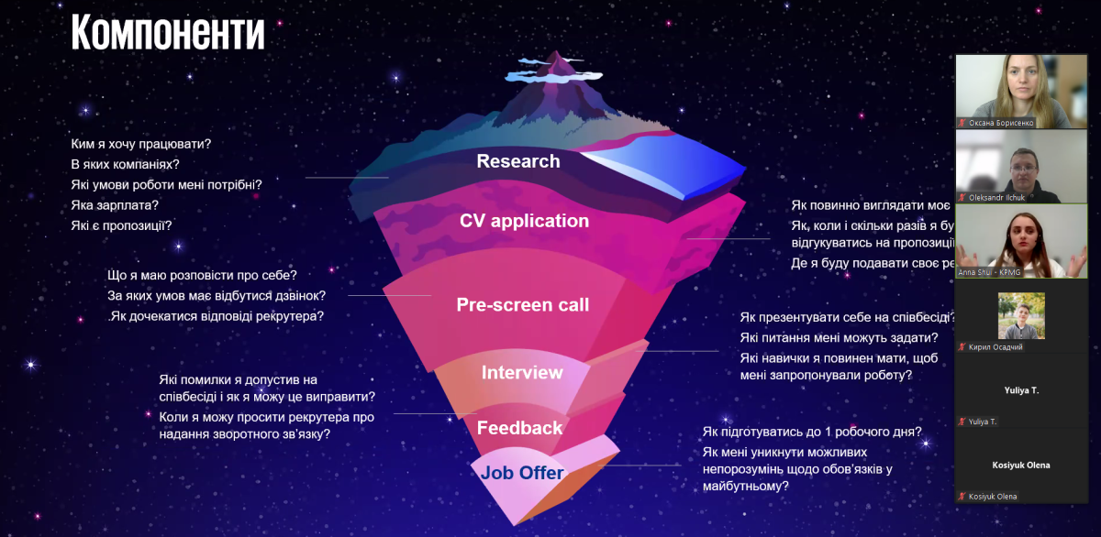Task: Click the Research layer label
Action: tap(517, 161)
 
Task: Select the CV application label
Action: tap(524, 221)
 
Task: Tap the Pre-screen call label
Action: tap(523, 305)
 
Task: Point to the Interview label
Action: tap(522, 373)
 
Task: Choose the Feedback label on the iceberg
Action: tap(519, 428)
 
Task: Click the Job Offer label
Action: tap(522, 473)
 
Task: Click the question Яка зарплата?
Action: tap(116, 205)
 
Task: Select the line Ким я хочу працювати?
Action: tap(141, 144)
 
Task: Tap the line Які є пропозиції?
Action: tap(121, 225)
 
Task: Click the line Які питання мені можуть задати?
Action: tap(839, 338)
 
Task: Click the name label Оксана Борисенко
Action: tap(1001, 122)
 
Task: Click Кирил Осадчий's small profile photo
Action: tap(1021, 316)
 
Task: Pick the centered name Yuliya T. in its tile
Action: tap(1021, 390)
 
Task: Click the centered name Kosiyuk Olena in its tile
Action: tap(1021, 465)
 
